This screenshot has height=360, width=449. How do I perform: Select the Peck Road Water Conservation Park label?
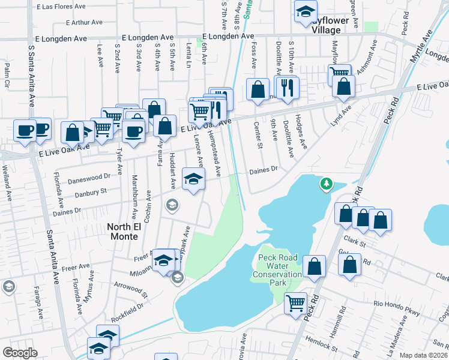tap(279, 270)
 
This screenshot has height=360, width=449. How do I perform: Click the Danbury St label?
tap(90, 192)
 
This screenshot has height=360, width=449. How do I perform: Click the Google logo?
tap(20, 352)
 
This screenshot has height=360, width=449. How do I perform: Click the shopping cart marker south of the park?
tap(295, 303)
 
